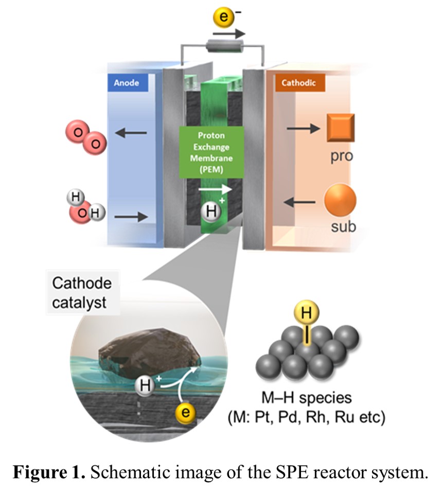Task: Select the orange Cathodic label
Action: (299, 82)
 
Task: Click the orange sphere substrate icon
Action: (340, 200)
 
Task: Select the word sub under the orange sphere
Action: (343, 226)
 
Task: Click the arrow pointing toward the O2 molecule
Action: (131, 133)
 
